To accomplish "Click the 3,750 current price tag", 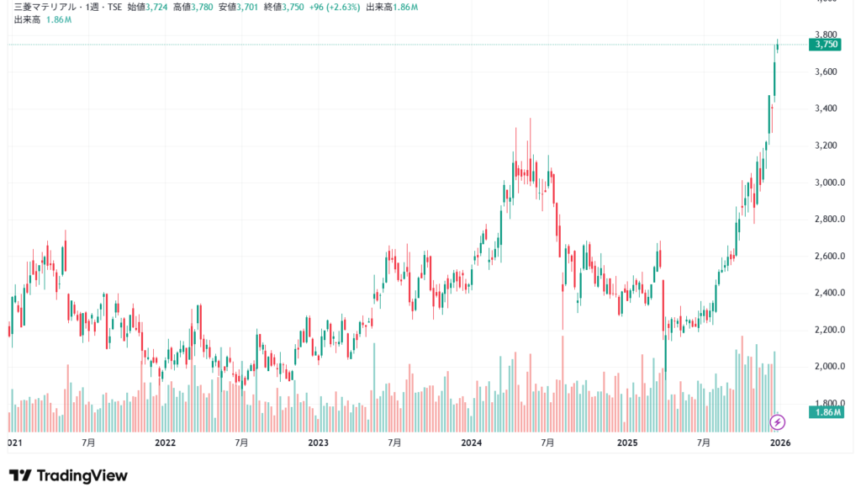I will pos(823,45).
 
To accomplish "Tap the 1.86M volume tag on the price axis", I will pos(823,412).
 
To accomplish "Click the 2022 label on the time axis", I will pos(165,442).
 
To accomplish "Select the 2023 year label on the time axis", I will pos(318,442).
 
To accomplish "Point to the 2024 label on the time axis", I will pos(472,442).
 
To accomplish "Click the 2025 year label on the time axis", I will pos(626,442).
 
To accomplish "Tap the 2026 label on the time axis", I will pos(779,442).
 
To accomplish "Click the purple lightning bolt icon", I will pos(778,421).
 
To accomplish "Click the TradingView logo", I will pos(68,476).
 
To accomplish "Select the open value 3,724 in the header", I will pos(158,7).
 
